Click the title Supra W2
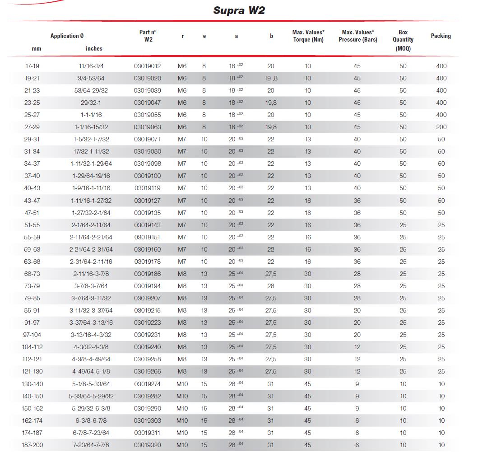tap(239, 10)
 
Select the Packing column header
tap(441, 36)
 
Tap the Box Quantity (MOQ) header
tap(403, 40)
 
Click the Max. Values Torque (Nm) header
tap(308, 36)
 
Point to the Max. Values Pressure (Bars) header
tap(357, 36)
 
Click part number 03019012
tap(147, 66)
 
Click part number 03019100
tap(147, 176)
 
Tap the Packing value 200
tap(441, 127)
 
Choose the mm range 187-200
tap(32, 445)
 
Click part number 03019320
tap(147, 445)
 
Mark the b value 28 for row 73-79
tap(271, 286)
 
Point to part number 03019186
tap(147, 274)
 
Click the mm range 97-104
tap(32, 335)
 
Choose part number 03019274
tap(147, 384)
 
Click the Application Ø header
tap(67, 36)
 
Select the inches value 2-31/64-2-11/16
tap(91, 262)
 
